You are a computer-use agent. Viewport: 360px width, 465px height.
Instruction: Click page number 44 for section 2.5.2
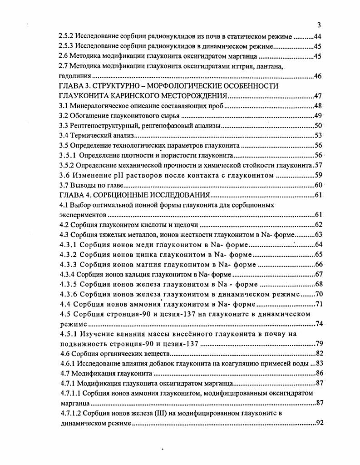(317, 36)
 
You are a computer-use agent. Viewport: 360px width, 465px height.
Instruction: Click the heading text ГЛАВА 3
(77, 86)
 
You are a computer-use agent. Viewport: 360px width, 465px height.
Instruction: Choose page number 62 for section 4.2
(318, 225)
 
